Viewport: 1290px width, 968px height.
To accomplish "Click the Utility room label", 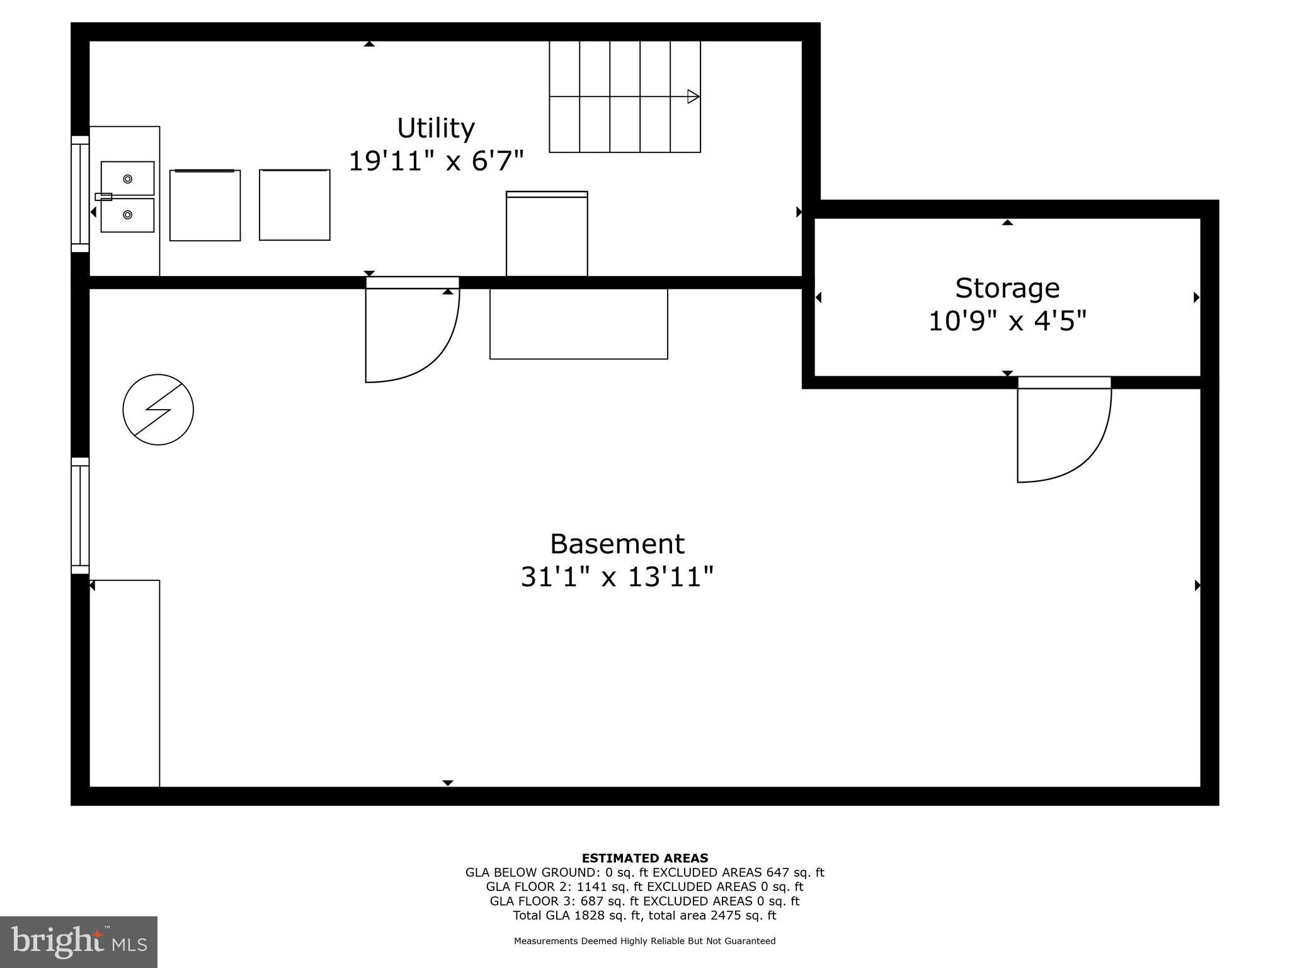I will pyautogui.click(x=435, y=129).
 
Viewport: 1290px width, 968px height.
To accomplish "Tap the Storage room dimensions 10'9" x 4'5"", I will pyautogui.click(x=1007, y=321).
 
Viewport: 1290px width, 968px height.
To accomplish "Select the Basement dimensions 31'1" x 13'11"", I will pyautogui.click(x=617, y=577).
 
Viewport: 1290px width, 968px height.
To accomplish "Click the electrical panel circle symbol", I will pyautogui.click(x=158, y=410).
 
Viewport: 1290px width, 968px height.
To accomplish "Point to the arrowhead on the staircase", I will pyautogui.click(x=693, y=96).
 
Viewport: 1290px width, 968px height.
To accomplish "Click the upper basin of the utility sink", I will pyautogui.click(x=128, y=178).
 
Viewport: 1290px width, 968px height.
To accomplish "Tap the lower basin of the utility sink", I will pyautogui.click(x=128, y=215).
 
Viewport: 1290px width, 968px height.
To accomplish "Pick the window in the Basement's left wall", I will pyautogui.click(x=80, y=516).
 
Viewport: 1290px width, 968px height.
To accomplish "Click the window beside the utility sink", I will pyautogui.click(x=80, y=193).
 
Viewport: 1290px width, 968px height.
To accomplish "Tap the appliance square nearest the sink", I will pyautogui.click(x=205, y=205).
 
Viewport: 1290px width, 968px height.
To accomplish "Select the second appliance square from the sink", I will pyautogui.click(x=294, y=205).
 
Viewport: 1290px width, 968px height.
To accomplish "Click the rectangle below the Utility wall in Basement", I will pyautogui.click(x=578, y=324).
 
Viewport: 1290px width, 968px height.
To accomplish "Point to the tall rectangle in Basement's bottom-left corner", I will pyautogui.click(x=125, y=683).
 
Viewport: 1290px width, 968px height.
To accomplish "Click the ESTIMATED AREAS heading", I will pyautogui.click(x=644, y=858).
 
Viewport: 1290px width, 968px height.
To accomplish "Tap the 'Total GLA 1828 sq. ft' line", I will pyautogui.click(x=644, y=915).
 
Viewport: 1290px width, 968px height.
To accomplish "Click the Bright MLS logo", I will pyautogui.click(x=79, y=942).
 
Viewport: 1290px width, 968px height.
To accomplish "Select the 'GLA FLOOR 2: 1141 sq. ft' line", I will pyautogui.click(x=644, y=887).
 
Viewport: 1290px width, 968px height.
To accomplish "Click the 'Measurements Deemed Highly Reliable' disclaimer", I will pyautogui.click(x=644, y=941).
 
